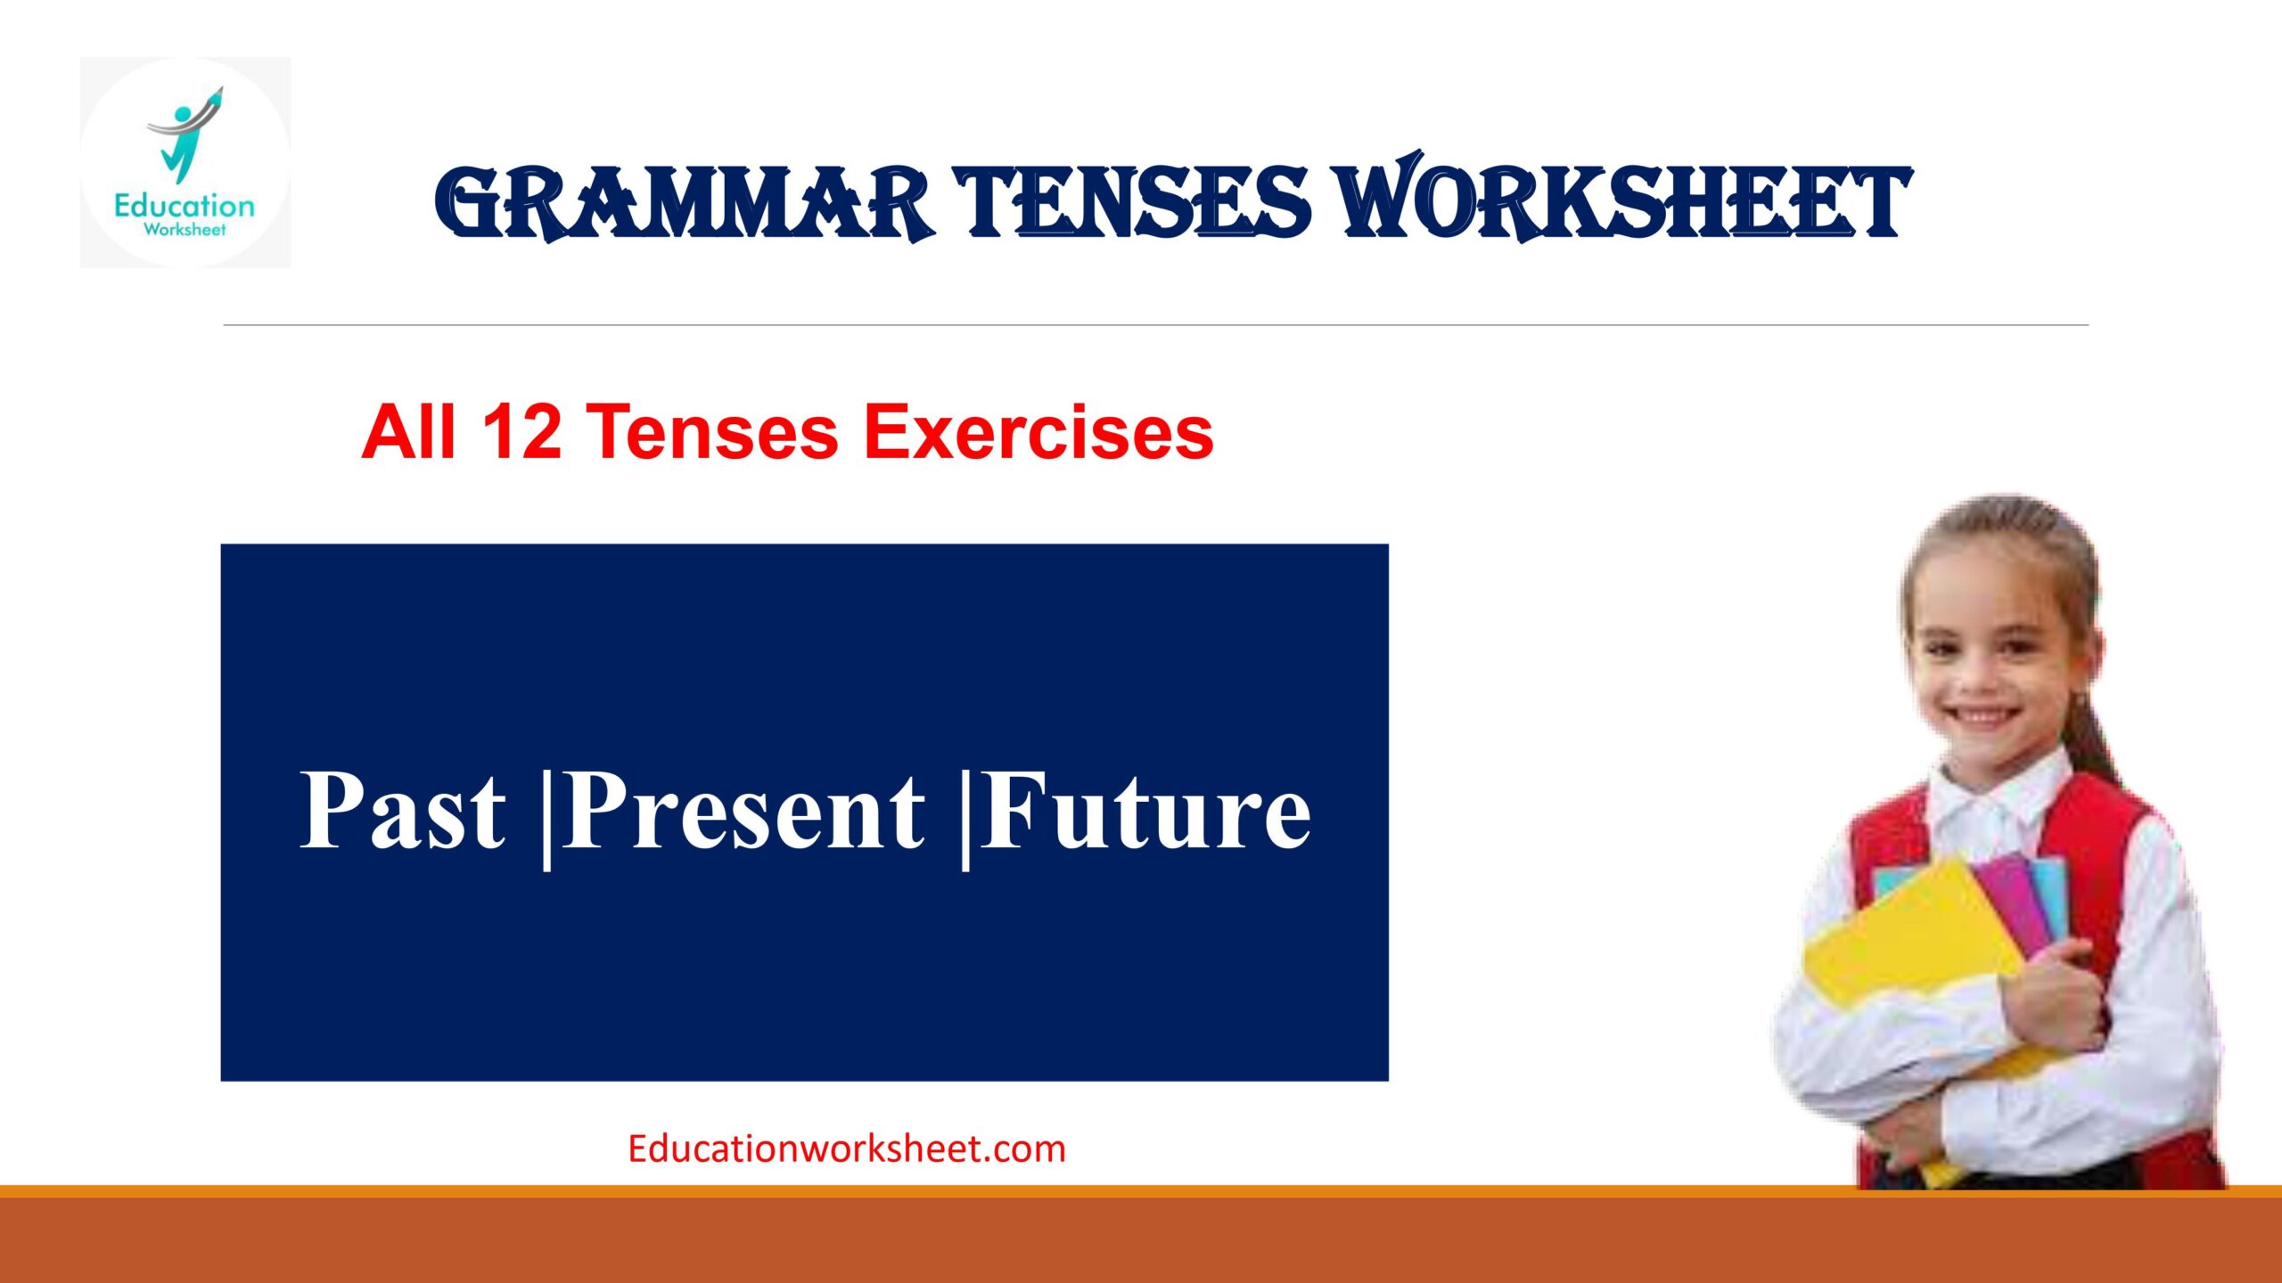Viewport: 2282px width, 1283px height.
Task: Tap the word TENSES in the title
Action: tap(1132, 203)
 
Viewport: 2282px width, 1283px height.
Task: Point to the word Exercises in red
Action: tap(1038, 432)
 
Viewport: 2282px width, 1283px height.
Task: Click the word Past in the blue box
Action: tap(403, 811)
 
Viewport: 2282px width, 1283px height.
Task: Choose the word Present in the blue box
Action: tap(744, 811)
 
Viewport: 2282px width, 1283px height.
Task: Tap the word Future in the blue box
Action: tap(1145, 811)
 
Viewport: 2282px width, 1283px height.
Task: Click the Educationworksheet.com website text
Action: tap(847, 1149)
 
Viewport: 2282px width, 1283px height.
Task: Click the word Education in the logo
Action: tap(185, 207)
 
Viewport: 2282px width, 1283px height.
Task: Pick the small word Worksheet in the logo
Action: tap(185, 230)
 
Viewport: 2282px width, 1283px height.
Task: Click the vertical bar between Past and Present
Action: tap(546, 815)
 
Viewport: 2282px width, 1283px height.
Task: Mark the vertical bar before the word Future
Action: tap(965, 815)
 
